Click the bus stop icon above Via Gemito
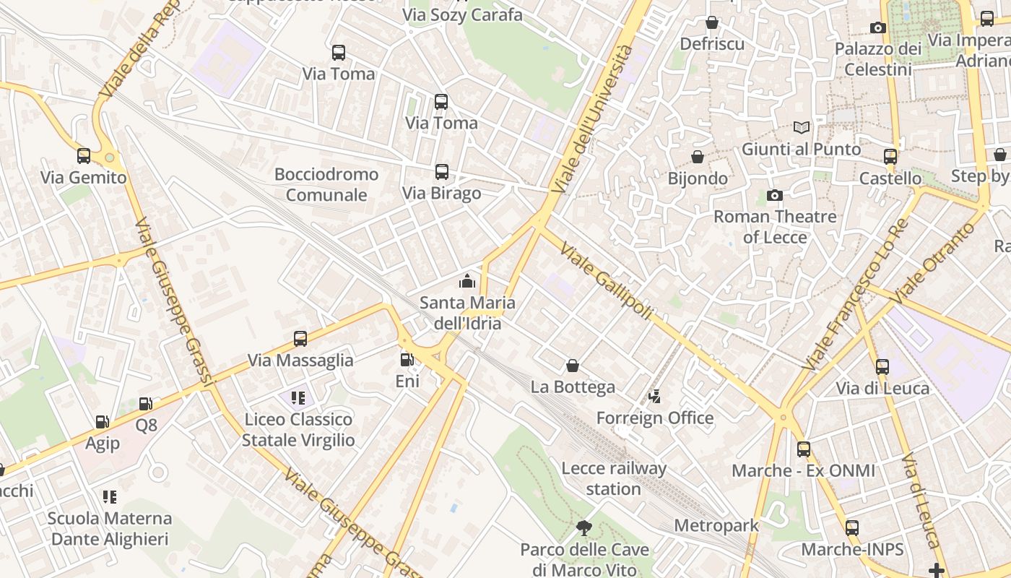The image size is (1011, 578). [84, 155]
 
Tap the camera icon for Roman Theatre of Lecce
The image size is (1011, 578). [775, 195]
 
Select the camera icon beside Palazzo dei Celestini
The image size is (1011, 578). [878, 27]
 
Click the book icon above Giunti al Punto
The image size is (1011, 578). [802, 127]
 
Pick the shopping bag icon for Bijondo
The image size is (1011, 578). [698, 157]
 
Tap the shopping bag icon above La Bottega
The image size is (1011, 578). [573, 366]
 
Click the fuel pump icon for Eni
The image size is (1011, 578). [407, 359]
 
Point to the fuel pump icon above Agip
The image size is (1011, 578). [103, 422]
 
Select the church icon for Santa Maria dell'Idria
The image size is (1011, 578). [467, 281]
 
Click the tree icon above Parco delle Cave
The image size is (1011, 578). [584, 528]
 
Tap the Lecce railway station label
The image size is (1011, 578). [614, 478]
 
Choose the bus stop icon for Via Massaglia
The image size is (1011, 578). [300, 339]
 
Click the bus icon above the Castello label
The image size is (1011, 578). [890, 156]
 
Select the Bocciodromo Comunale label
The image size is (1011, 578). [326, 184]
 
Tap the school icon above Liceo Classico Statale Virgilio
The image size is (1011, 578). [298, 398]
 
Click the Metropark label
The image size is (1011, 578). [716, 525]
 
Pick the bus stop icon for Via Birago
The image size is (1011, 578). [442, 172]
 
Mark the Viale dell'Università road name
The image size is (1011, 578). [594, 119]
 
